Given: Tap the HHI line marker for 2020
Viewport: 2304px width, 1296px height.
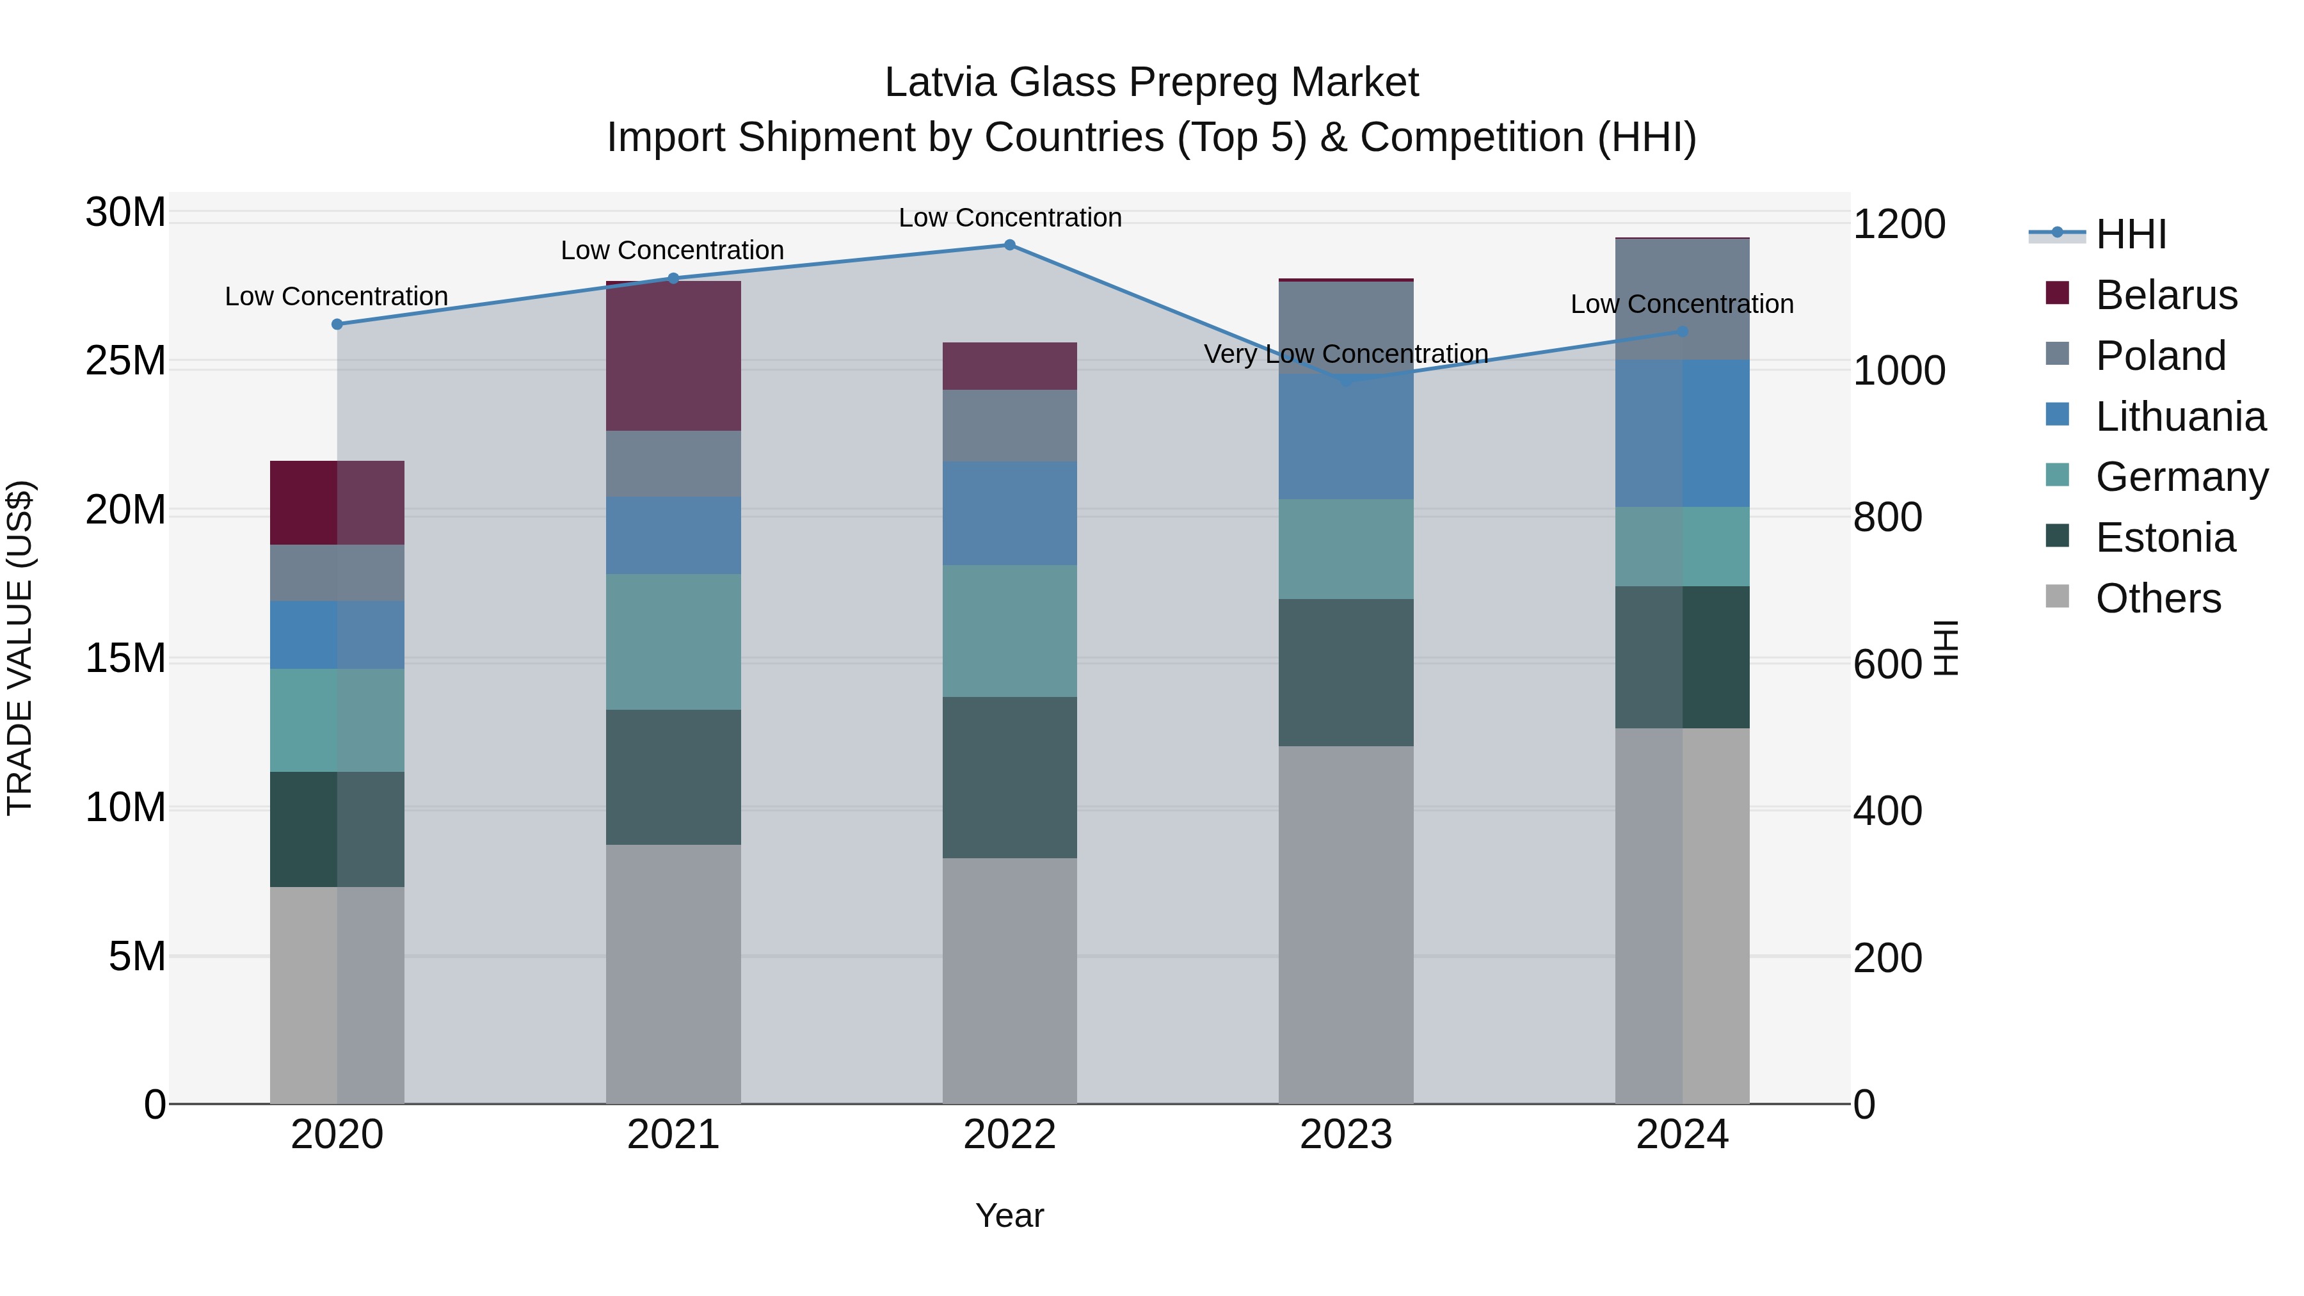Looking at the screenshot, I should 337,324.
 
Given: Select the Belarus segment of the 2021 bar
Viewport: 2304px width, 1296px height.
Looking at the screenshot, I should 673,356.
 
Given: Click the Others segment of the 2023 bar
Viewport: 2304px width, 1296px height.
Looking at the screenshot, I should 1345,924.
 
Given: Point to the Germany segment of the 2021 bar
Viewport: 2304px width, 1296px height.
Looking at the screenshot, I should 673,641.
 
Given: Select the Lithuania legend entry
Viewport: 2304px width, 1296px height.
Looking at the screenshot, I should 2179,417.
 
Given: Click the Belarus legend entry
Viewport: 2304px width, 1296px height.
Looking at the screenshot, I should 2165,295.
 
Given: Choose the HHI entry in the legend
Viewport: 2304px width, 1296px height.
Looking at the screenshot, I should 2129,234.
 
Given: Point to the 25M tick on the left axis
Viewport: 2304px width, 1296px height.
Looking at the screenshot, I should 125,362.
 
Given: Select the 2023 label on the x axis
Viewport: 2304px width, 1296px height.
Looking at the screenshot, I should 1345,1135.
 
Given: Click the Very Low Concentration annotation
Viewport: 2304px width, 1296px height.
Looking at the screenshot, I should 1345,354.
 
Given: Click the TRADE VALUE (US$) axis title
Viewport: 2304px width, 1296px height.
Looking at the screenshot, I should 20,648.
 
